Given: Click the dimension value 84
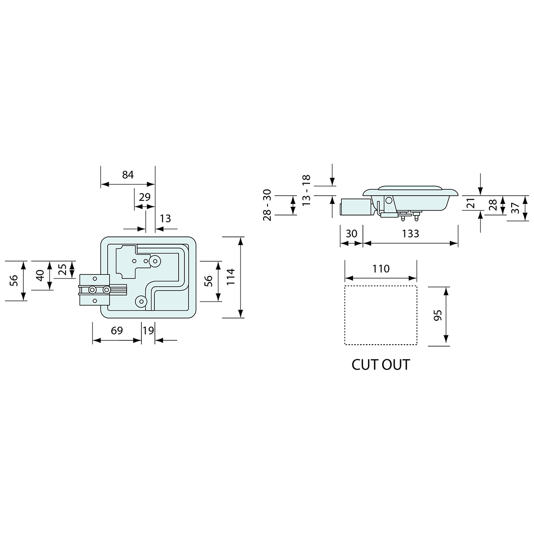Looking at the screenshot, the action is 128,175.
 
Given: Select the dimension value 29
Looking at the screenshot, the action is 145,197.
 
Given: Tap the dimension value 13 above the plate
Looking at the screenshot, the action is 165,218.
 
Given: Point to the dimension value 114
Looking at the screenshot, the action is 231,277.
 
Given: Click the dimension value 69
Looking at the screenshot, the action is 117,331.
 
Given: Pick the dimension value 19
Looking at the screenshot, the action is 148,331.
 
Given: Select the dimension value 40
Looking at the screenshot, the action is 40,275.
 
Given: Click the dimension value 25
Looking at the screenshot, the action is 63,269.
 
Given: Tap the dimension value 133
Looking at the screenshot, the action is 410,234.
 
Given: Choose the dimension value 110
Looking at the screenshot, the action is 381,269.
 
